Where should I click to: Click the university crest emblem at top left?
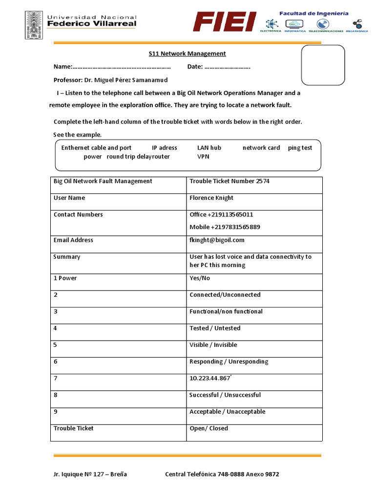point(34,25)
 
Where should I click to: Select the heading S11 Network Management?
point(187,54)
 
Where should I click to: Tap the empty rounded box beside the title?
point(323,65)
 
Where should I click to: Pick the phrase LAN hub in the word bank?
point(209,148)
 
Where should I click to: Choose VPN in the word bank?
point(203,156)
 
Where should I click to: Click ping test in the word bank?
point(300,148)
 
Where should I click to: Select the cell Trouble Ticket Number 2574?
point(229,181)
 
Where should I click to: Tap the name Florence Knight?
point(211,198)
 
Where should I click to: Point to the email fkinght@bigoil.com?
point(217,240)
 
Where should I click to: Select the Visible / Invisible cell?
point(213,345)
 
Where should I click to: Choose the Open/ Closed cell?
point(208,428)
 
